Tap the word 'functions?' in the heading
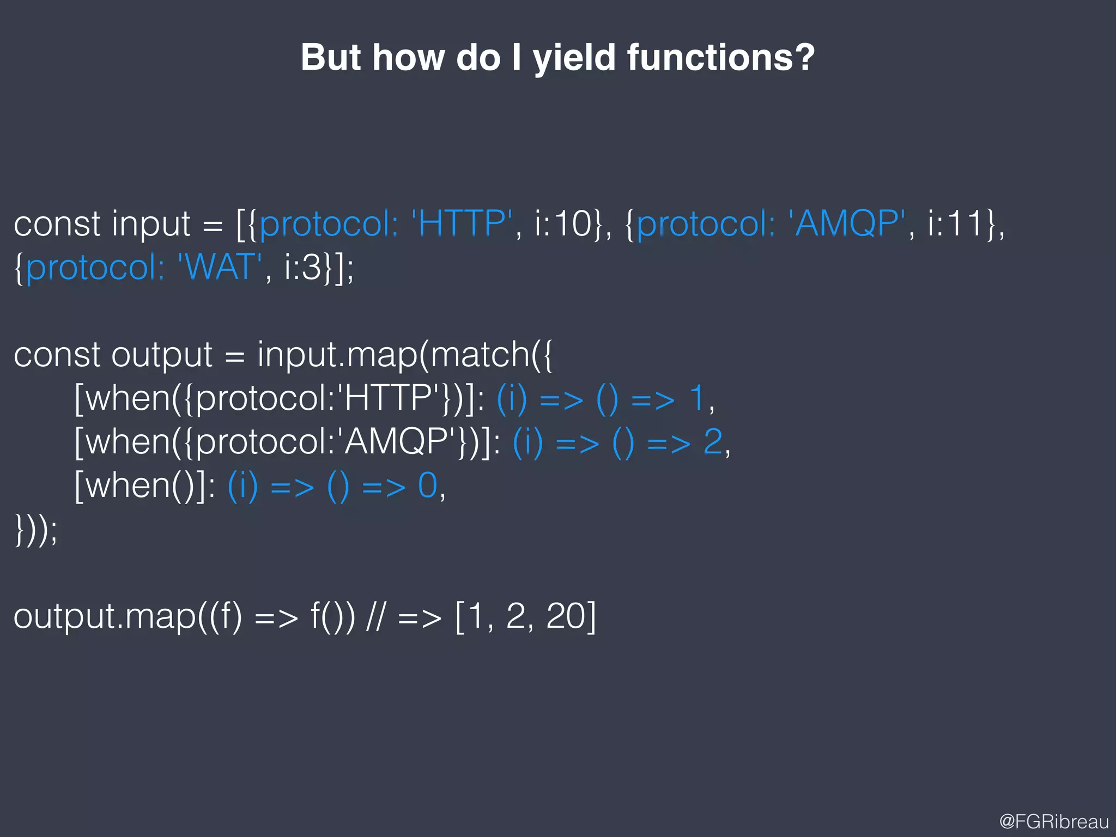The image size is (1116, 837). coord(720,57)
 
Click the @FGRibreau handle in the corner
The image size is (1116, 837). coord(1054,821)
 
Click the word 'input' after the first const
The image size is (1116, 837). coord(151,225)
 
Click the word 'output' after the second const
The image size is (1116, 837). coord(162,355)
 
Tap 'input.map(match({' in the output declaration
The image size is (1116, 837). coord(404,355)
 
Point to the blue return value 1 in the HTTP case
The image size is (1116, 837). coord(697,398)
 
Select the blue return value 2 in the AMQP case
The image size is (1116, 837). coord(713,441)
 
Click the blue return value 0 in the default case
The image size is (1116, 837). coord(428,485)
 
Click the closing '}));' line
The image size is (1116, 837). coord(35,530)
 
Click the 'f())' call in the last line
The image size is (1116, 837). coord(332,616)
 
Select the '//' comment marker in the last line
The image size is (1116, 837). coord(376,616)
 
